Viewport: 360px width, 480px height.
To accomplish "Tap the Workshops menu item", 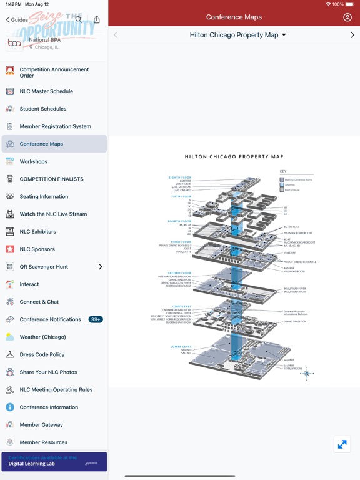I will pos(34,161).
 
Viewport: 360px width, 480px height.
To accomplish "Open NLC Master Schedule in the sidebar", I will pos(46,91).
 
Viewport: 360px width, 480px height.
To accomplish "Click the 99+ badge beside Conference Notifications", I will pos(96,319).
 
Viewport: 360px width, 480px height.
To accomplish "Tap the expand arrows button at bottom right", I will pos(342,444).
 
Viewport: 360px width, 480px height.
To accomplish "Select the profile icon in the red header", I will pos(347,17).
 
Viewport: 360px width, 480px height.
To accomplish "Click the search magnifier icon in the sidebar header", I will pos(79,19).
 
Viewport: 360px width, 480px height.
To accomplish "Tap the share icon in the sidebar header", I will pos(96,19).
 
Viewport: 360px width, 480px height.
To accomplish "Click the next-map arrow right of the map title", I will pos(352,36).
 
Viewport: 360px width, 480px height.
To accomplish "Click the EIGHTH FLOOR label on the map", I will pos(180,177).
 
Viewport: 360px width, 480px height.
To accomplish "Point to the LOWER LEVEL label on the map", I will pos(181,346).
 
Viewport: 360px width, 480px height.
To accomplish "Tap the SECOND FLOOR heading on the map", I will pos(180,273).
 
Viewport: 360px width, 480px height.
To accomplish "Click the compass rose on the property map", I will pos(306,374).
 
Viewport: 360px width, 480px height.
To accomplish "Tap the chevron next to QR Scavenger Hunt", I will pos(100,267).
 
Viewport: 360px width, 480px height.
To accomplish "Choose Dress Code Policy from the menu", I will pos(42,354).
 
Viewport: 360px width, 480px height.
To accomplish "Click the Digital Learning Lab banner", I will pos(54,461).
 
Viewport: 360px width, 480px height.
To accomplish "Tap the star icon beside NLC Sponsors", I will pos(10,249).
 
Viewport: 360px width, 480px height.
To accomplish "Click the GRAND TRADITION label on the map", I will pos(294,322).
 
